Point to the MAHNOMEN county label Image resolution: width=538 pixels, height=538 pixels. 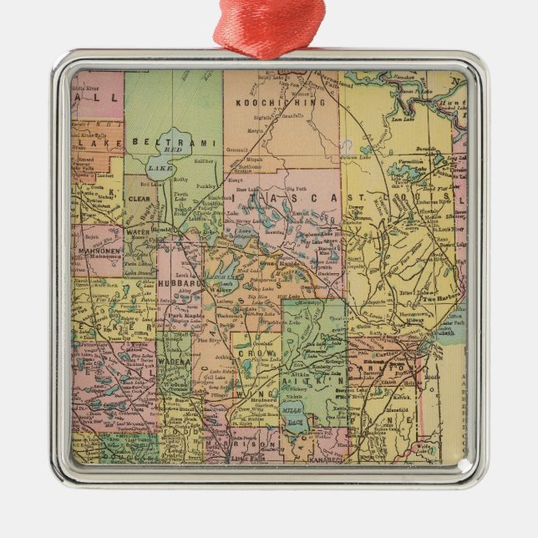(x=100, y=250)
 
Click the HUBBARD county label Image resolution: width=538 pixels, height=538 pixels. (x=179, y=284)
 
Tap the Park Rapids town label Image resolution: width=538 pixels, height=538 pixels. (x=186, y=316)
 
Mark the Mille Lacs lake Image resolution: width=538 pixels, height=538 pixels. (x=293, y=418)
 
